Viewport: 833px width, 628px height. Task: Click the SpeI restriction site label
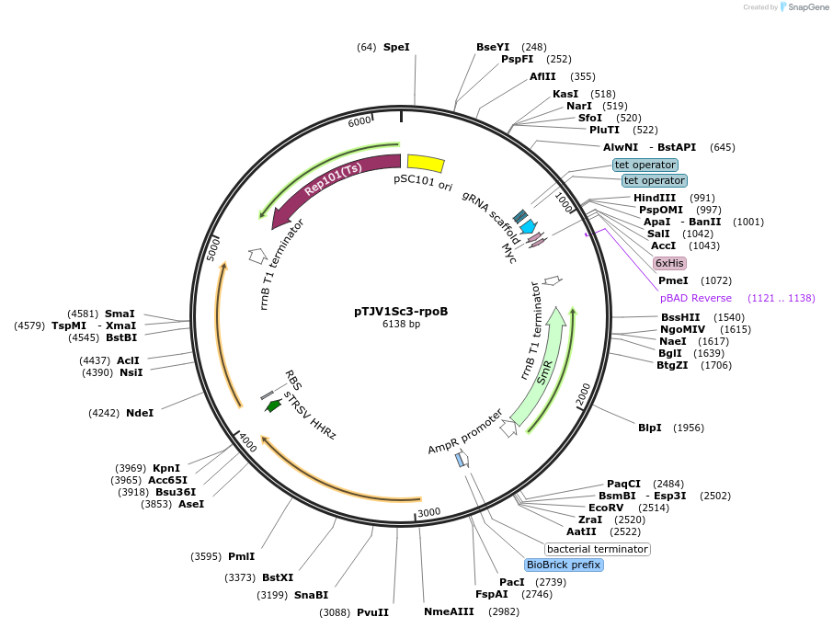(396, 47)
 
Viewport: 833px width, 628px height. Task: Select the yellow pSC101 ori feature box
(426, 163)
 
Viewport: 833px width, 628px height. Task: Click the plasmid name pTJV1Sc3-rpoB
(401, 311)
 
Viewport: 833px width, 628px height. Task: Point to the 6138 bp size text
(401, 324)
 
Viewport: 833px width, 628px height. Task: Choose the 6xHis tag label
(669, 263)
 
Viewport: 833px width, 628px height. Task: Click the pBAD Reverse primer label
(696, 298)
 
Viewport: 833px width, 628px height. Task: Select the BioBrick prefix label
(564, 565)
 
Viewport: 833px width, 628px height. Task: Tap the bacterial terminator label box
(598, 549)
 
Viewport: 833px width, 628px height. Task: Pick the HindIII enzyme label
(655, 198)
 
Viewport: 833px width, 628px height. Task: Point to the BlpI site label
(650, 428)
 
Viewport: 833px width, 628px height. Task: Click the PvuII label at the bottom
(372, 612)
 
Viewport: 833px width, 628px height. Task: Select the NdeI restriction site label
(140, 413)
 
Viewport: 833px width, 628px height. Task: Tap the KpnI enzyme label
(166, 468)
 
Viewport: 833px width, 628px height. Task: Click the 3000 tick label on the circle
(429, 512)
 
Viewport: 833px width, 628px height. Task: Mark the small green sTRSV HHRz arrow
(273, 405)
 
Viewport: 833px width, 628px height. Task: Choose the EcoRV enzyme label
(606, 507)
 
